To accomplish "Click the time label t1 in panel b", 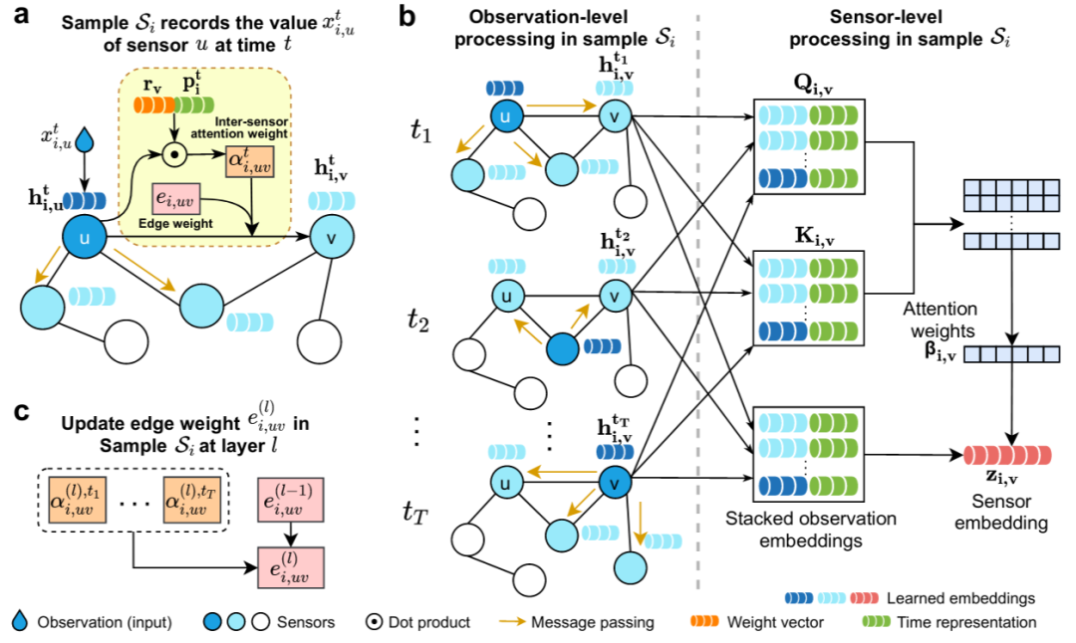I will [x=422, y=130].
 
